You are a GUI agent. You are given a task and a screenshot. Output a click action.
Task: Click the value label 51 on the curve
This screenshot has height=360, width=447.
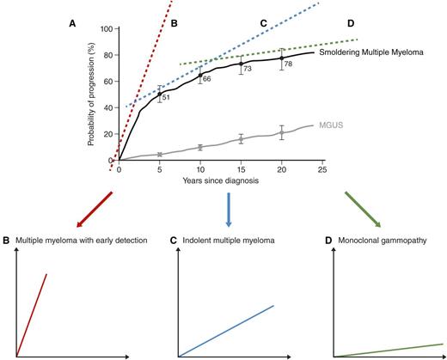click(166, 99)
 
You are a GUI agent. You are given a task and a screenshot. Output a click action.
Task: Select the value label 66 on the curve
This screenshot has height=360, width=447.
click(206, 79)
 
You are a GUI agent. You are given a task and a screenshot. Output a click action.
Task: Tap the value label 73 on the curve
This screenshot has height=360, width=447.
click(247, 69)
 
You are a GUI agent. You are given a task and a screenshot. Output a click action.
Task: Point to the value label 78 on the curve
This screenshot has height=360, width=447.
click(288, 64)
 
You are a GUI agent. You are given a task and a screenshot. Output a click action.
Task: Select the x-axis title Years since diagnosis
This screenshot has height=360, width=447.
click(220, 182)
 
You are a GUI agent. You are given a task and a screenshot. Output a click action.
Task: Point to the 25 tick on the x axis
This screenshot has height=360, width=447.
click(322, 170)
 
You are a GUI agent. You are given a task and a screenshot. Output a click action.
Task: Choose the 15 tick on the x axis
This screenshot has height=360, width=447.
click(241, 170)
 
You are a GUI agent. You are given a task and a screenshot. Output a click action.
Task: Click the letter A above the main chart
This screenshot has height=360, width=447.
click(73, 25)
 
